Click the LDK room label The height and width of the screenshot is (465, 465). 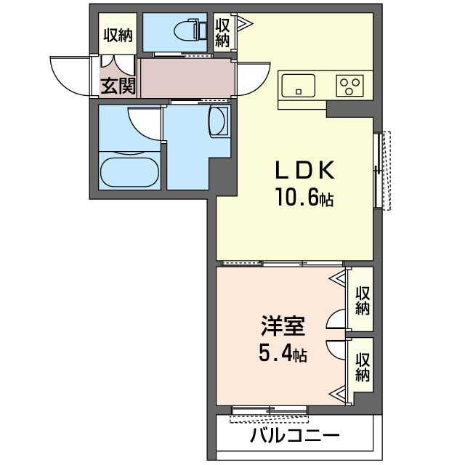pyautogui.click(x=304, y=171)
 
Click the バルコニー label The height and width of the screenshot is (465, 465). pyautogui.click(x=296, y=437)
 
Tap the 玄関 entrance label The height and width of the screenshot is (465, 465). pyautogui.click(x=118, y=86)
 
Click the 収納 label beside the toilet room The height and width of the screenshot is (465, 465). pyautogui.click(x=223, y=31)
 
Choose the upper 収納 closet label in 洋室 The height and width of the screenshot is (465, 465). pyautogui.click(x=362, y=301)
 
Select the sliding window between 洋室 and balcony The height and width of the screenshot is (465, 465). pyautogui.click(x=269, y=411)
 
